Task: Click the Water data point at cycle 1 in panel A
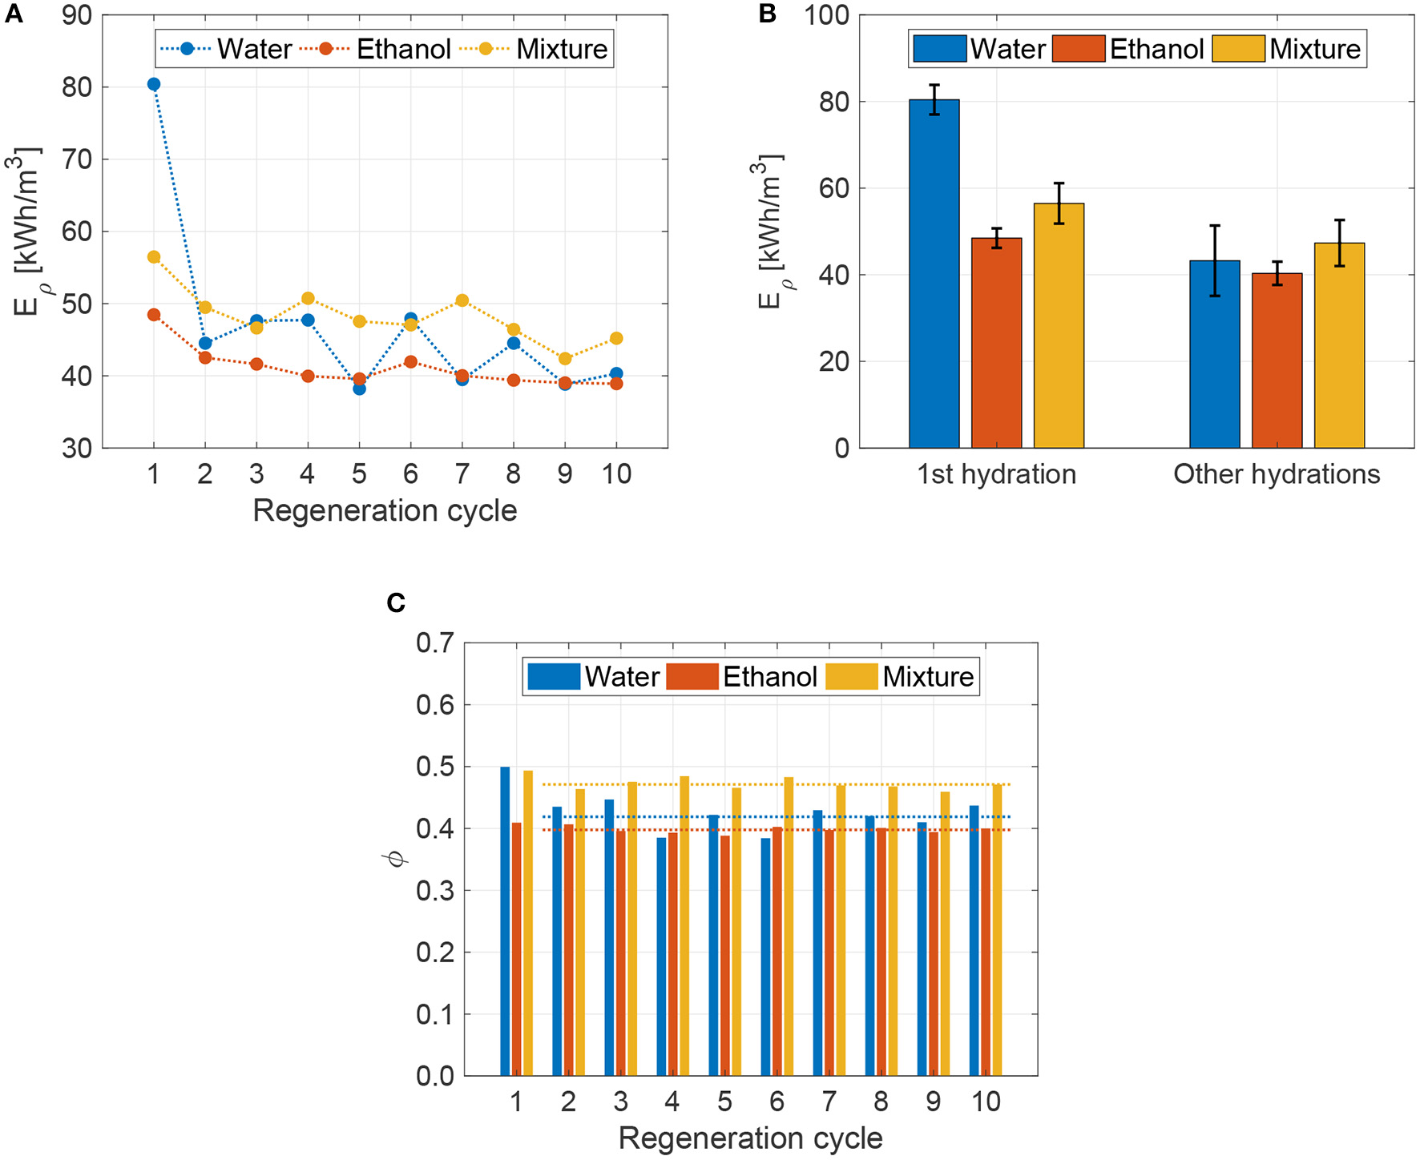[x=154, y=84]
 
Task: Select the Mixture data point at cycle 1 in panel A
[x=154, y=257]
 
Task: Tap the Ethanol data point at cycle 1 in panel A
[x=154, y=315]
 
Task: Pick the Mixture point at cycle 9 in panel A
[x=565, y=359]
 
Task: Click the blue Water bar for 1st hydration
[x=934, y=272]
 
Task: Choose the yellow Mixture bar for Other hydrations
[x=1339, y=344]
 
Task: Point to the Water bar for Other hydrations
[x=1214, y=353]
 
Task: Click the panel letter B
[x=767, y=14]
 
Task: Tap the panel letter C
[x=395, y=602]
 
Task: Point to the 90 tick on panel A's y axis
[x=77, y=15]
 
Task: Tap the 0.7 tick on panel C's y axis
[x=435, y=642]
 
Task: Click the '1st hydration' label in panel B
[x=996, y=474]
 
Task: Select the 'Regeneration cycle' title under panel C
[x=750, y=1138]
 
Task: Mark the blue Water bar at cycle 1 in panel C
[x=505, y=920]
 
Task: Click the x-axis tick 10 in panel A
[x=616, y=474]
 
